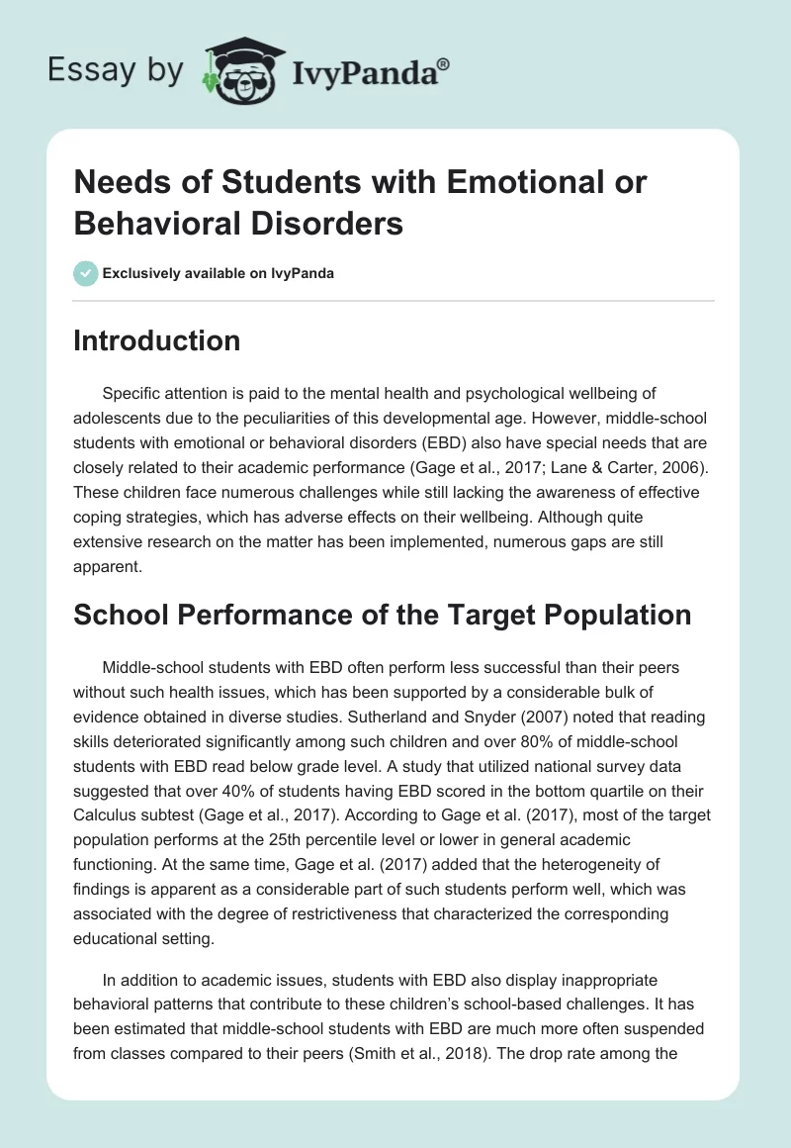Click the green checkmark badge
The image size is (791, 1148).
tap(86, 273)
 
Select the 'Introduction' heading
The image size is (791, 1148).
tap(157, 340)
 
